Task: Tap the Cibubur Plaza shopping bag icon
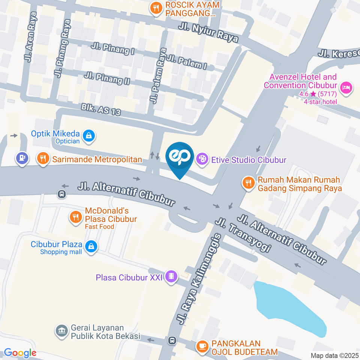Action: (91, 247)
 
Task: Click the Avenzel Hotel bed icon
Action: (345, 88)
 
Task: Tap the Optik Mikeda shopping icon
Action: (88, 136)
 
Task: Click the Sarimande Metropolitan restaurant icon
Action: (43, 159)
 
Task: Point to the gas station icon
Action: (21, 158)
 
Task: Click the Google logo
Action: (20, 353)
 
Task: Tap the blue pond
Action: (289, 307)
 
